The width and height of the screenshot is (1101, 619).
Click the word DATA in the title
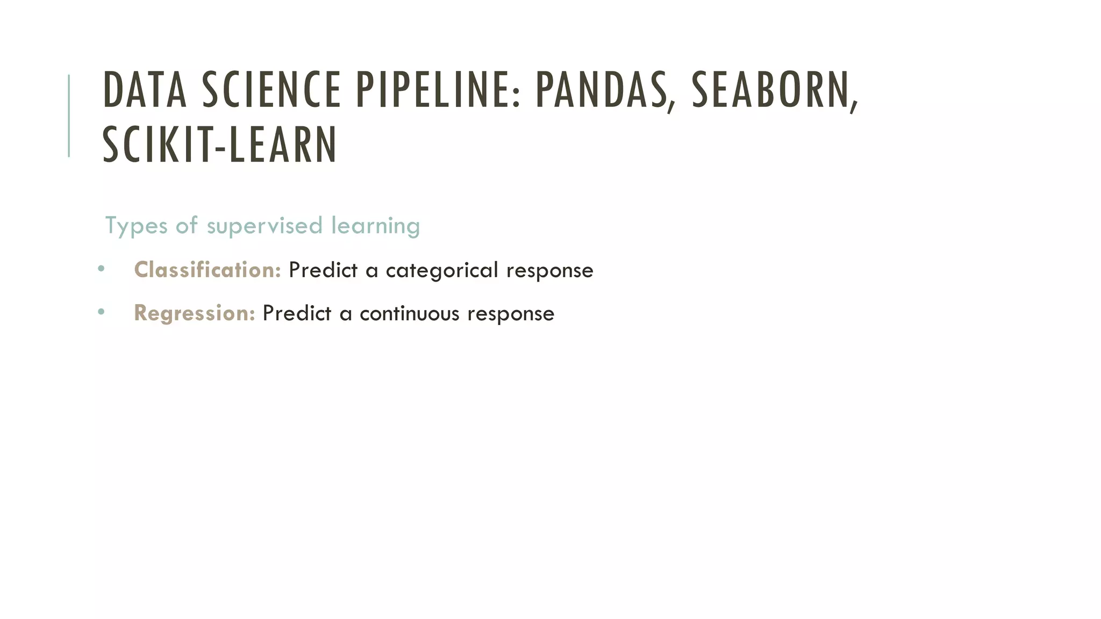(145, 90)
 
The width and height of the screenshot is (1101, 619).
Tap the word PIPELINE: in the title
(438, 90)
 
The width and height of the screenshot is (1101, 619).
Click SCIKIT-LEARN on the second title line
(219, 145)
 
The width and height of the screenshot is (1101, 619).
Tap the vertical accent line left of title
(69, 116)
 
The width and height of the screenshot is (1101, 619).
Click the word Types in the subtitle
(136, 226)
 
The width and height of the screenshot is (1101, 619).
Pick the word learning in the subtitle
(375, 226)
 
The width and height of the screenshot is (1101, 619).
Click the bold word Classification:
(208, 270)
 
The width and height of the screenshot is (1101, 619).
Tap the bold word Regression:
(194, 313)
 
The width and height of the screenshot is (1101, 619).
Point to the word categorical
(442, 270)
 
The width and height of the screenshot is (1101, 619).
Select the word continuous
(410, 314)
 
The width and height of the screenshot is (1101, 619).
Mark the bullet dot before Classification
(101, 268)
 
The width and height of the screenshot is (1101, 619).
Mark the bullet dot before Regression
(101, 312)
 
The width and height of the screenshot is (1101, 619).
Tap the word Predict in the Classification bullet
(323, 270)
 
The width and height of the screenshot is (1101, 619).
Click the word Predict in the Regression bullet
(296, 314)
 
